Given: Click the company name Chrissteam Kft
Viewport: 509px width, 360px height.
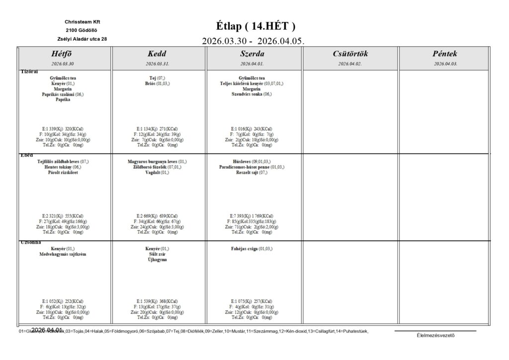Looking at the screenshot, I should pos(82,22).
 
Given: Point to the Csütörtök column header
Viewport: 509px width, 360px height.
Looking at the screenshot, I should pos(350,54).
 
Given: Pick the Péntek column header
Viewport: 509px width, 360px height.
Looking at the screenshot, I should pos(445,54).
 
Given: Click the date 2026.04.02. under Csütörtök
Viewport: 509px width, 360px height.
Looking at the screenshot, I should pos(350,64).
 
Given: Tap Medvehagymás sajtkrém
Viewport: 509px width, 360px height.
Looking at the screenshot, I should pos(63,254).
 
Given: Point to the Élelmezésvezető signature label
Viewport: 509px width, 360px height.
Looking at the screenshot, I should pos(435,335).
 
